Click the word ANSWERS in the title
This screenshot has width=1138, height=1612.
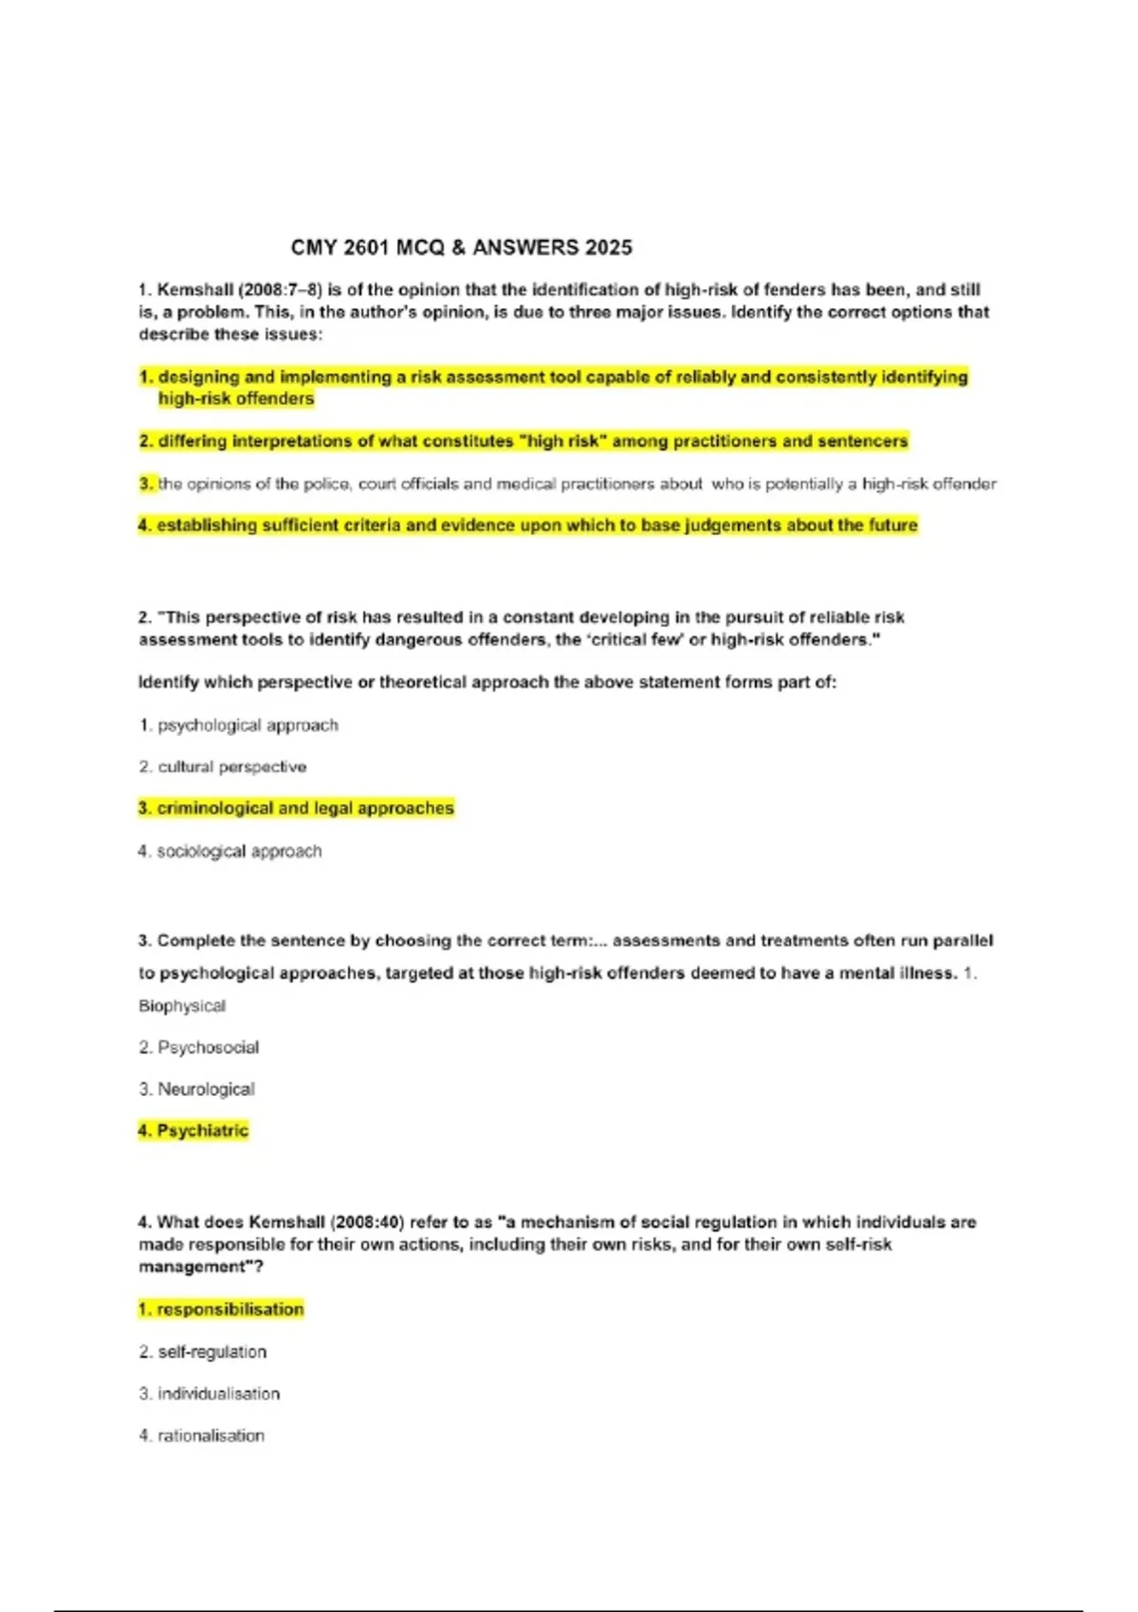click(x=525, y=248)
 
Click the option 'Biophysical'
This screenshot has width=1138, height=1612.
click(x=182, y=1006)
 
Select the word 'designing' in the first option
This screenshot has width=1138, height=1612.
click(x=199, y=377)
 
